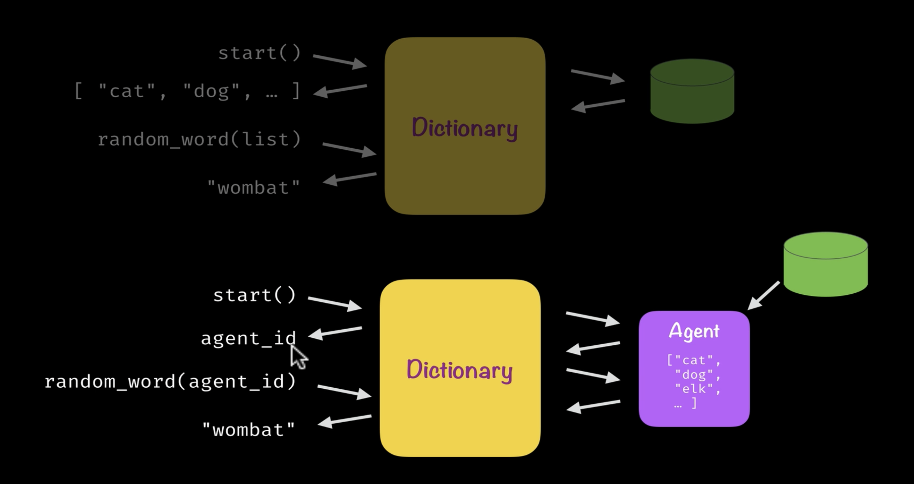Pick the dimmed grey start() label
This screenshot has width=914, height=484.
[260, 53]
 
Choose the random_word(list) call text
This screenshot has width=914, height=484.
[199, 139]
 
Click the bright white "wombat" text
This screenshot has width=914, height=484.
[248, 430]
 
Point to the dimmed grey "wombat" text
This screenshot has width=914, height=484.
[253, 187]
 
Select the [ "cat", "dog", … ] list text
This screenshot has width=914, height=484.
[187, 91]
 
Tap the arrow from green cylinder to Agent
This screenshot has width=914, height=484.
[763, 295]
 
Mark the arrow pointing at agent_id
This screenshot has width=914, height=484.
[335, 333]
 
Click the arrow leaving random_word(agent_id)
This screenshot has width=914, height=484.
[344, 391]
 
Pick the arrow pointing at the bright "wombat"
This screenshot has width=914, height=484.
[344, 421]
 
